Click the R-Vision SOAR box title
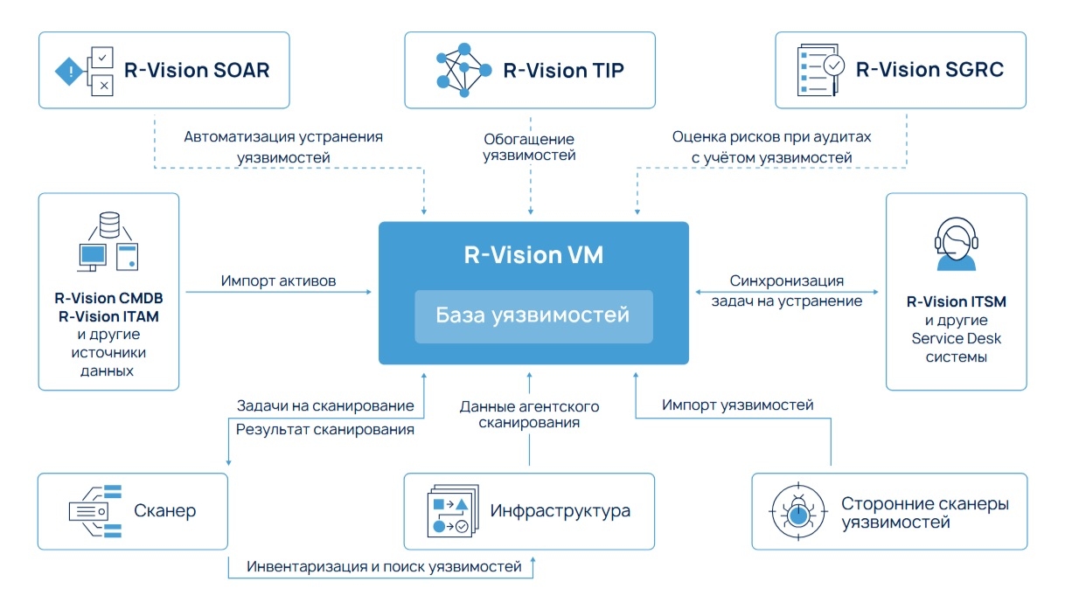pos(197,70)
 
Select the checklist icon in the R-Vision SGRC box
pos(820,70)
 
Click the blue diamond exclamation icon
pos(69,72)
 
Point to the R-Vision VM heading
pos(533,254)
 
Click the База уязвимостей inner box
pos(533,316)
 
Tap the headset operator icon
pos(957,244)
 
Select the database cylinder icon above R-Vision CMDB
pos(109,225)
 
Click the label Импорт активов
pos(278,280)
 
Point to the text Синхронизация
pos(786,280)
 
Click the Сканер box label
pos(164,510)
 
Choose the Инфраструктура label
pos(560,510)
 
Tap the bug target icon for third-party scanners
pos(797,511)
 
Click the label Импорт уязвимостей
pos(737,405)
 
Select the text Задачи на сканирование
pos(325,405)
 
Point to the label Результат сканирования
pos(325,429)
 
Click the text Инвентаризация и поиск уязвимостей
pos(384,566)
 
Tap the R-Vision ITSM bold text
pos(957,301)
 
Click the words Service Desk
pos(957,338)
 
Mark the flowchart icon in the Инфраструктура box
pos(453,510)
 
